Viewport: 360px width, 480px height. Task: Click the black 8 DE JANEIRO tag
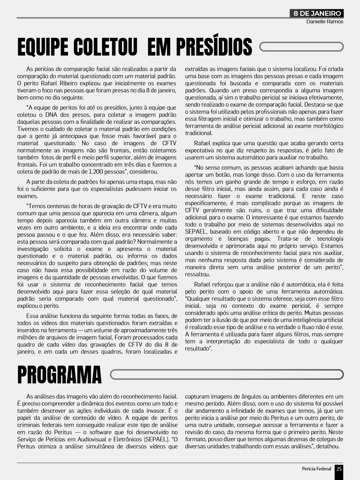pyautogui.click(x=316, y=13)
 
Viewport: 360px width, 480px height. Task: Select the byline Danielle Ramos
pyautogui.click(x=325, y=22)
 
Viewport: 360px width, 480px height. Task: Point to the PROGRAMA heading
pyautogui.click(x=59, y=375)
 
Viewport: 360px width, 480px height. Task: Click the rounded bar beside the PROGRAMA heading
pyautogui.click(x=227, y=374)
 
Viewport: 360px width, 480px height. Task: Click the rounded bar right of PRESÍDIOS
pyautogui.click(x=301, y=47)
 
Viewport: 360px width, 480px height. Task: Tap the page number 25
pyautogui.click(x=339, y=469)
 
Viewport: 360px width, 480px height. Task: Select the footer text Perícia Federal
pyautogui.click(x=316, y=469)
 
